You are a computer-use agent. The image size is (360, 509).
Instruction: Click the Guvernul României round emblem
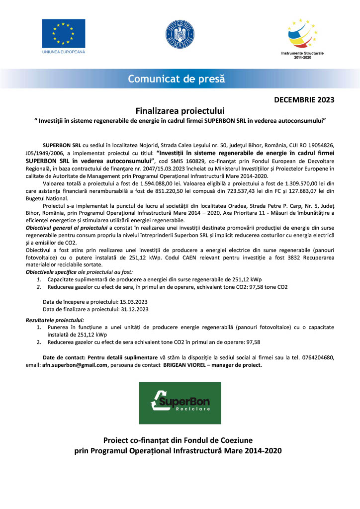click(x=180, y=34)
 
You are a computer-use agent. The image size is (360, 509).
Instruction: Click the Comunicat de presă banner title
click(x=177, y=79)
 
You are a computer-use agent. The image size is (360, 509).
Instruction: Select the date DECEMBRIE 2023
click(x=305, y=100)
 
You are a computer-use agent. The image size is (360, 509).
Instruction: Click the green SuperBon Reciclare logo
click(x=180, y=403)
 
